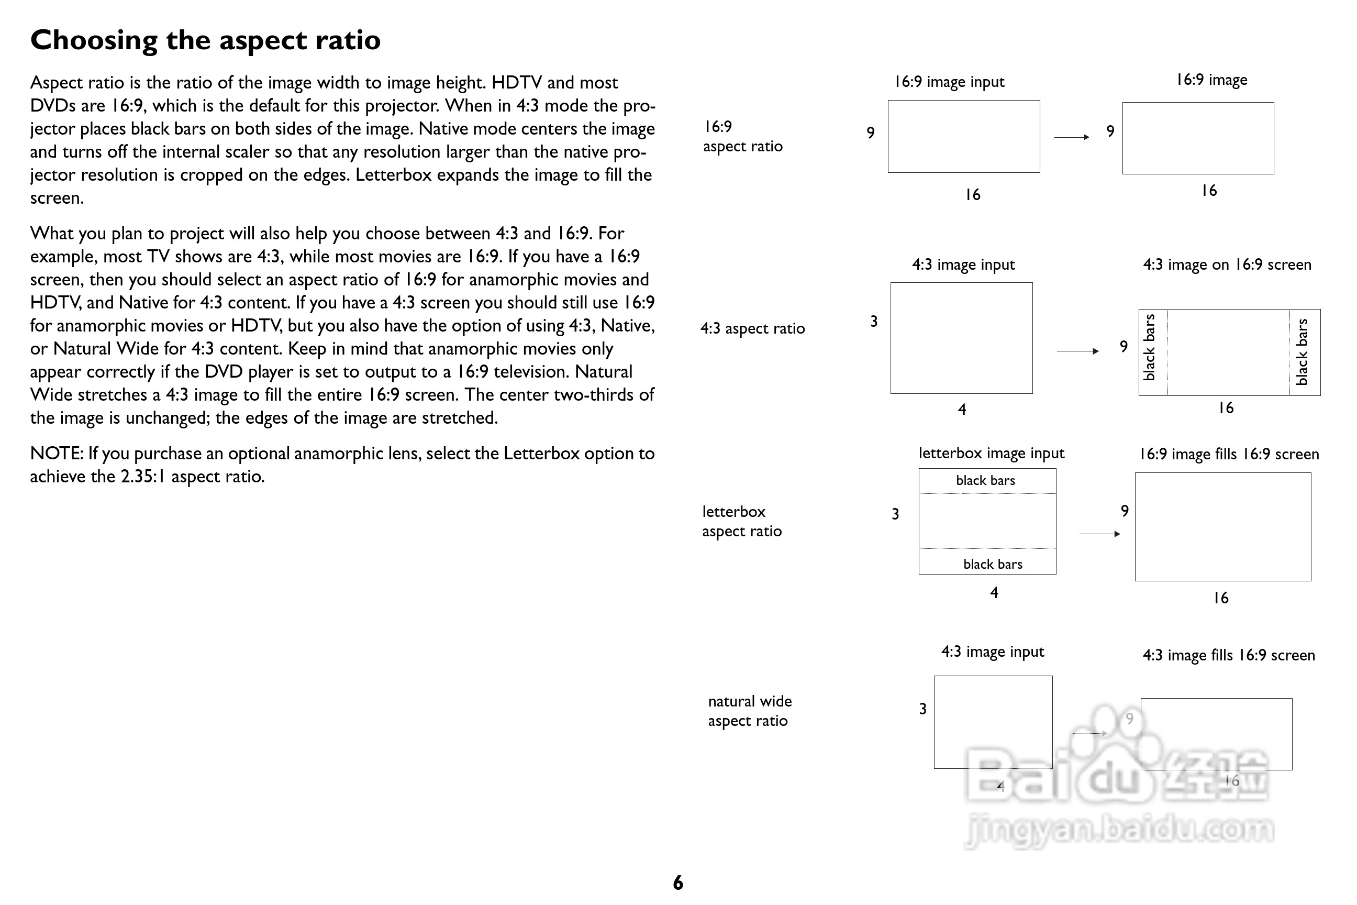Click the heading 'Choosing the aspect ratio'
(x=205, y=40)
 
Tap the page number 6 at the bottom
(x=678, y=882)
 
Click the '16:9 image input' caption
(x=949, y=82)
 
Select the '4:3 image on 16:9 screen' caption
(x=1227, y=265)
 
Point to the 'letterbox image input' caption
(x=991, y=454)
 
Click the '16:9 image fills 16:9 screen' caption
(x=1228, y=455)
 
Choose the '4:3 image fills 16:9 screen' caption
(x=1228, y=656)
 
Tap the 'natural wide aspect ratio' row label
(x=750, y=711)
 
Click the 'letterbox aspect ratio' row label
(x=741, y=521)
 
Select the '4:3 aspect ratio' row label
(x=752, y=329)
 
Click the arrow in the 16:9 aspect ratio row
(x=1071, y=137)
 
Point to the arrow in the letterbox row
(x=1099, y=534)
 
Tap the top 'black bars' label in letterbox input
(x=985, y=481)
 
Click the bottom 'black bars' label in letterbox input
(x=993, y=565)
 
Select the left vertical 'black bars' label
(x=1149, y=347)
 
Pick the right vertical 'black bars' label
(x=1302, y=351)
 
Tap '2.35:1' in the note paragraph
(x=143, y=477)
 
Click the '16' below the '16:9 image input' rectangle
(x=973, y=195)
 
